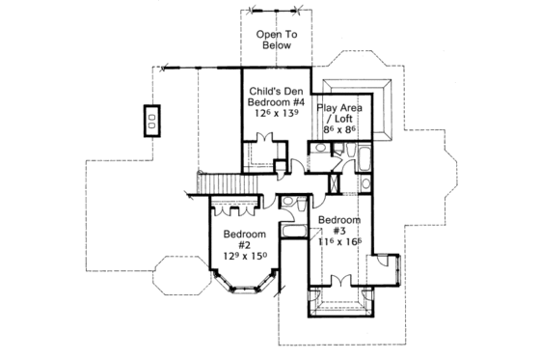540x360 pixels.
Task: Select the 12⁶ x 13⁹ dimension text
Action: click(x=273, y=113)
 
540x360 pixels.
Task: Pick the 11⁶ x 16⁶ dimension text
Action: click(x=338, y=243)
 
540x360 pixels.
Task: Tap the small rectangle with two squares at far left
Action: click(x=152, y=120)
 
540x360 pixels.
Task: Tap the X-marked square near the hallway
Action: click(x=335, y=181)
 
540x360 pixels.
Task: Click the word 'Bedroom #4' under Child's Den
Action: click(x=273, y=100)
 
